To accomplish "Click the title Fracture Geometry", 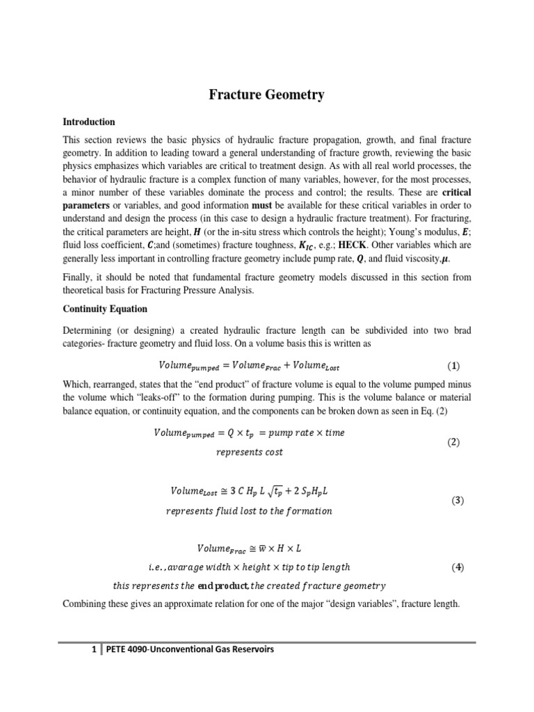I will click(267, 95).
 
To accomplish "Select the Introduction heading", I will click(88, 122).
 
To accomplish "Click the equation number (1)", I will click(453, 366).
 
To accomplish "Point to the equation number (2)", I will click(453, 442).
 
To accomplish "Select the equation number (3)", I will click(457, 500).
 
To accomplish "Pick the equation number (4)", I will click(457, 567).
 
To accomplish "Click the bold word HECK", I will click(358, 245).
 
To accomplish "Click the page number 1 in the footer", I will click(92, 649).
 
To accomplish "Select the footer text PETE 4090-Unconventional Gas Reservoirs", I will click(190, 649).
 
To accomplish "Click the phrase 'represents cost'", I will click(249, 452).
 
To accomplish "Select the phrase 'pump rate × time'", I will click(307, 432).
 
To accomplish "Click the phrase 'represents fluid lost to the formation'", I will click(249, 511).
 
